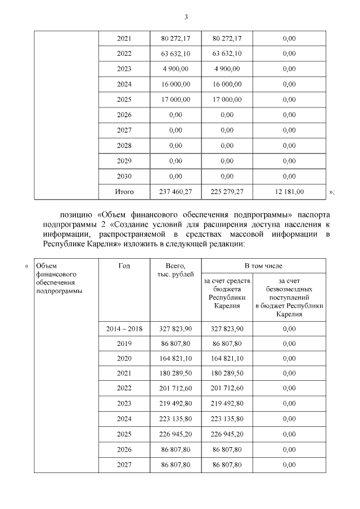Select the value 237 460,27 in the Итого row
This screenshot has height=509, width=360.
(x=175, y=192)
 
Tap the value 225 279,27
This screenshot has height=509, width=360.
(x=227, y=192)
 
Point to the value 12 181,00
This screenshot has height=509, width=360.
(x=289, y=192)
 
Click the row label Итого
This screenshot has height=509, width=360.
(x=124, y=192)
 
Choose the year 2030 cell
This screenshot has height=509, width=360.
(x=124, y=177)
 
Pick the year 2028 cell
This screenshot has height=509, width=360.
(x=124, y=146)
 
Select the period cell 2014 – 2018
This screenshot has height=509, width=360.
(x=124, y=328)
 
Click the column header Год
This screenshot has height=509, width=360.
(x=124, y=265)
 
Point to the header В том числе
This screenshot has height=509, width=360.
(x=263, y=265)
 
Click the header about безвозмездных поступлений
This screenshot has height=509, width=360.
(x=289, y=296)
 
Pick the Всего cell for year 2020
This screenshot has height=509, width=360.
(x=175, y=358)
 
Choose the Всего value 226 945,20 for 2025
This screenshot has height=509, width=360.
(x=175, y=434)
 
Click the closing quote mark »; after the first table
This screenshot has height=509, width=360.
(x=331, y=192)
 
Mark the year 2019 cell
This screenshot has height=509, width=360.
(x=124, y=343)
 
